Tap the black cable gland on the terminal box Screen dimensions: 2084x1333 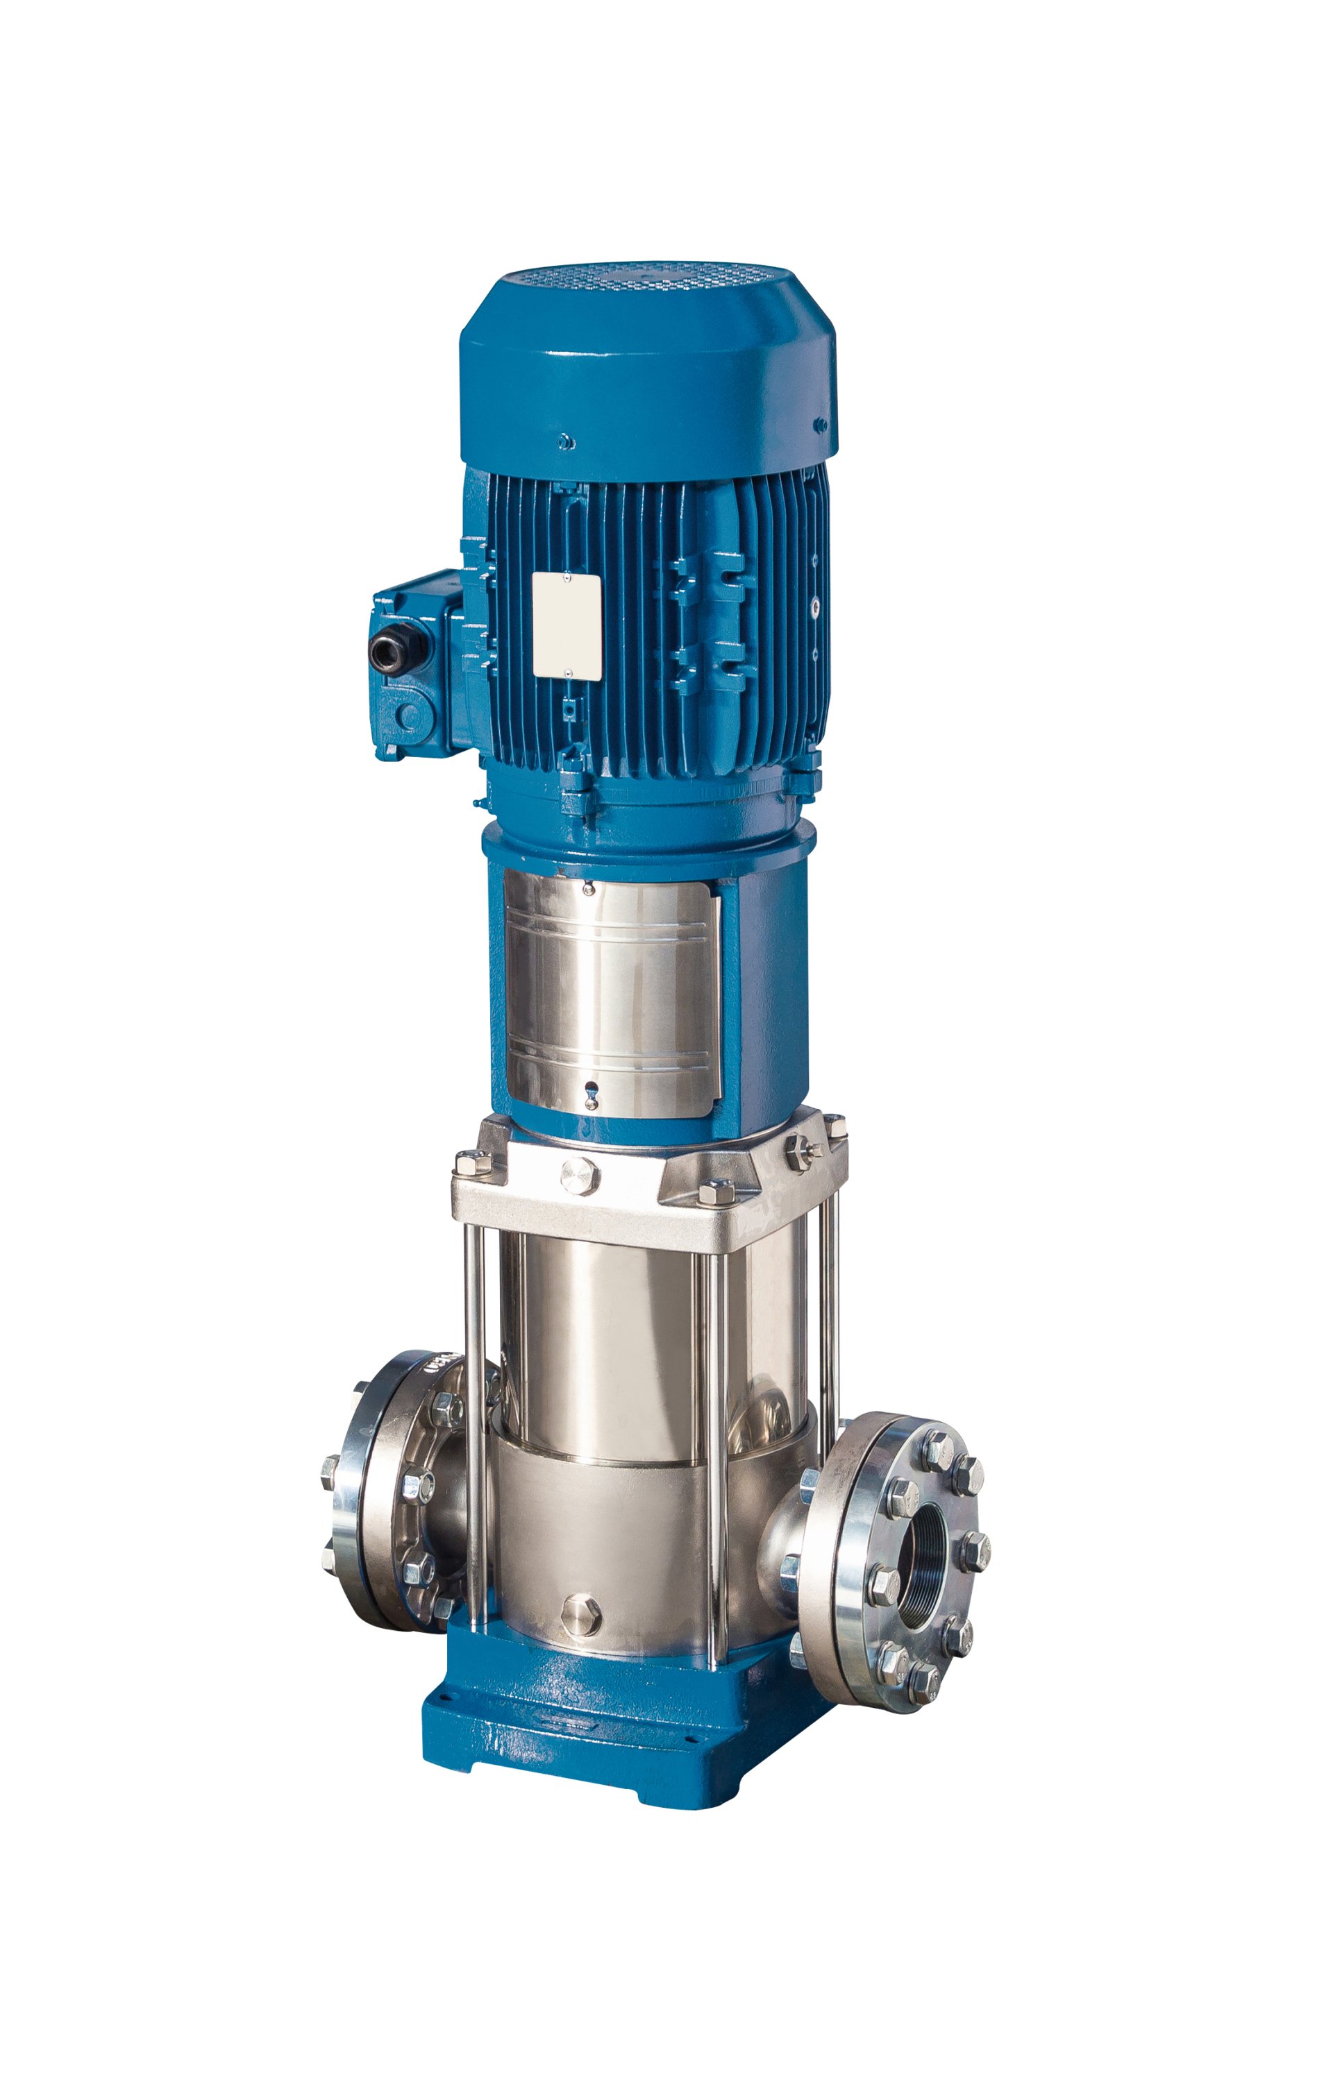tap(383, 647)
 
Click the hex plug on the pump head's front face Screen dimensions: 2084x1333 tap(578, 1176)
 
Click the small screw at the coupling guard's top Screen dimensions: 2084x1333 tap(589, 888)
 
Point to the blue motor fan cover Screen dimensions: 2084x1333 tap(648, 372)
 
